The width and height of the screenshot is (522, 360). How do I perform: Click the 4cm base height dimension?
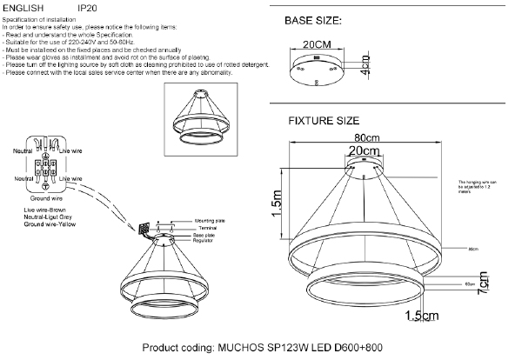point(365,66)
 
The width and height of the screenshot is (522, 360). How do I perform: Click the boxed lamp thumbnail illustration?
point(201,122)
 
